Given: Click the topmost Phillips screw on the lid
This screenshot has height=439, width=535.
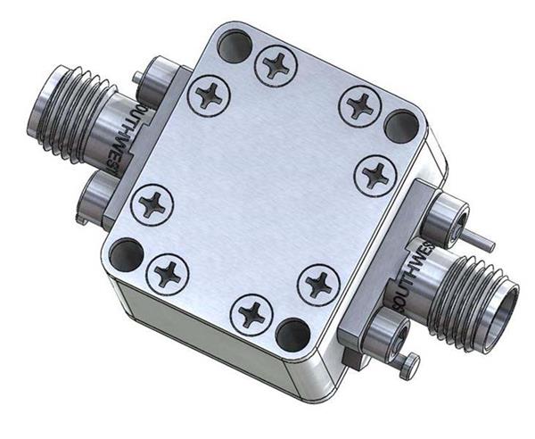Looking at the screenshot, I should pyautogui.click(x=276, y=62).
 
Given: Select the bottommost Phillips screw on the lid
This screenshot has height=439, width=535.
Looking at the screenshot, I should pyautogui.click(x=251, y=313).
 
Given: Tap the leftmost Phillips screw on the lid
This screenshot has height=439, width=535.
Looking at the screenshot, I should pyautogui.click(x=150, y=204).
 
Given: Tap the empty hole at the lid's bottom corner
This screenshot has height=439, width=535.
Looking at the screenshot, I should pyautogui.click(x=292, y=334).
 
